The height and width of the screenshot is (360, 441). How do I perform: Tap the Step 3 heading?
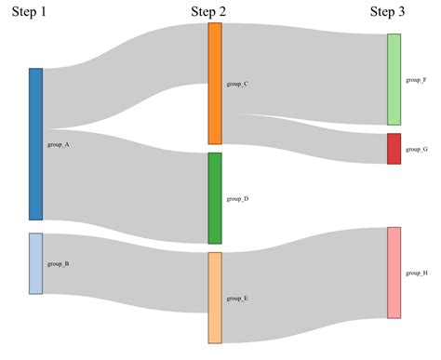387,12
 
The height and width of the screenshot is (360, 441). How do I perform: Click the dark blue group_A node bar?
35,144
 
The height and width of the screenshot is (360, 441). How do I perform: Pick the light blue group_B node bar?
35,263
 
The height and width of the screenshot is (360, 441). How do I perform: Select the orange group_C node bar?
215,84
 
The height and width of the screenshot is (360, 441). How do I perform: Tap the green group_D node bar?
215,198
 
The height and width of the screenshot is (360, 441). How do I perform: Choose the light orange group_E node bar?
215,298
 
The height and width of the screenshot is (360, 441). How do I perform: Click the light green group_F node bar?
394,80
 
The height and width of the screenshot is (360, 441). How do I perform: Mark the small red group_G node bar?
394,149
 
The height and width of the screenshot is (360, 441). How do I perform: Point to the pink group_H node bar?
394,273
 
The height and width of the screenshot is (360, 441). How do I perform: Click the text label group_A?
58,145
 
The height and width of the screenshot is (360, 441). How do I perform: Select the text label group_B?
58,264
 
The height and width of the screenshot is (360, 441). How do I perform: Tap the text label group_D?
237,199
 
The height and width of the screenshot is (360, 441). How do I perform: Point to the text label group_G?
417,150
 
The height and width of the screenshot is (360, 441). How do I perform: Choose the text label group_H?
417,273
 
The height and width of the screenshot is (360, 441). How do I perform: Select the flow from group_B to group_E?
126,272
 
